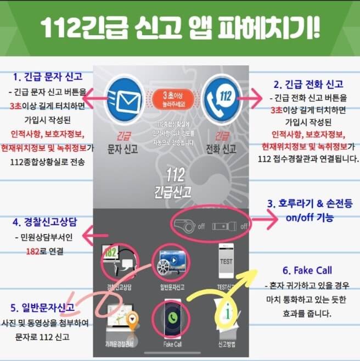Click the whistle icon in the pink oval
tap(185, 225)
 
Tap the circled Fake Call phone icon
tap(172, 319)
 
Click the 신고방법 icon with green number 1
tap(227, 318)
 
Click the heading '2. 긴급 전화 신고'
tap(308, 84)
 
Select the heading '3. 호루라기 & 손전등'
tap(310, 203)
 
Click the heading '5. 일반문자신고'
tap(42, 307)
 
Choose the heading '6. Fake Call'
tap(307, 270)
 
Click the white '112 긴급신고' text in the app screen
tap(172, 184)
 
